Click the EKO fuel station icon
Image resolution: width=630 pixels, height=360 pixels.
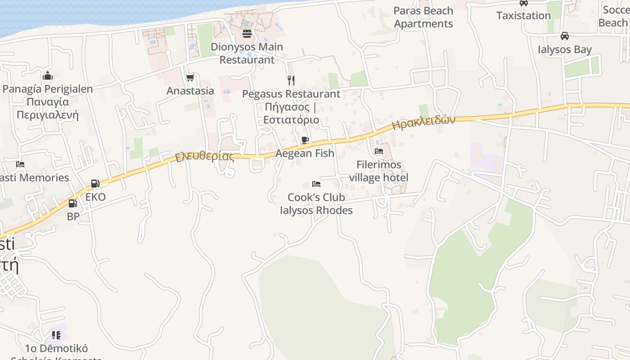pos(95,184)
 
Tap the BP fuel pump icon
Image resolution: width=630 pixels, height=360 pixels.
pos(72,203)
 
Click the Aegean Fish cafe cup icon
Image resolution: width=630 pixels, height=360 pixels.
pos(305,140)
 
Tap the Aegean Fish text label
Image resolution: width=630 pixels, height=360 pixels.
pos(305,153)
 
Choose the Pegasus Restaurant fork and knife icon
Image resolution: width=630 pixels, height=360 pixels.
pos(291,81)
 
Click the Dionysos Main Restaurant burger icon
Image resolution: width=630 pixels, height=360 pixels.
pos(247,33)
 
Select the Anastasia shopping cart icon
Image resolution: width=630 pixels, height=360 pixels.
pos(190,78)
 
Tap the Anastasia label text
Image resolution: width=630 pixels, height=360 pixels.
pos(190,91)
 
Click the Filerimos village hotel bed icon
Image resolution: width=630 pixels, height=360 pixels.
pos(379,151)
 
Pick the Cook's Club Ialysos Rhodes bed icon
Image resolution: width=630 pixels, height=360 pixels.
pos(316,184)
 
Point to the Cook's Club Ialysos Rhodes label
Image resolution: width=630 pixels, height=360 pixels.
pos(316,204)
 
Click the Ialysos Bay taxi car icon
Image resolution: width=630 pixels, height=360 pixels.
pos(564,36)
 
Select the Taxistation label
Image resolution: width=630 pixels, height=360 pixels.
pos(523,16)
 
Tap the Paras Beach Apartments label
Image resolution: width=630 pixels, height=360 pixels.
pos(423,17)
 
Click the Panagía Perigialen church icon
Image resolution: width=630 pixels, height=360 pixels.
pos(48,76)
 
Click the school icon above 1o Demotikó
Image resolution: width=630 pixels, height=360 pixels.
pos(56,335)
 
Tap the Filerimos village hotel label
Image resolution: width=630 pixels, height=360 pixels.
pos(379,171)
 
